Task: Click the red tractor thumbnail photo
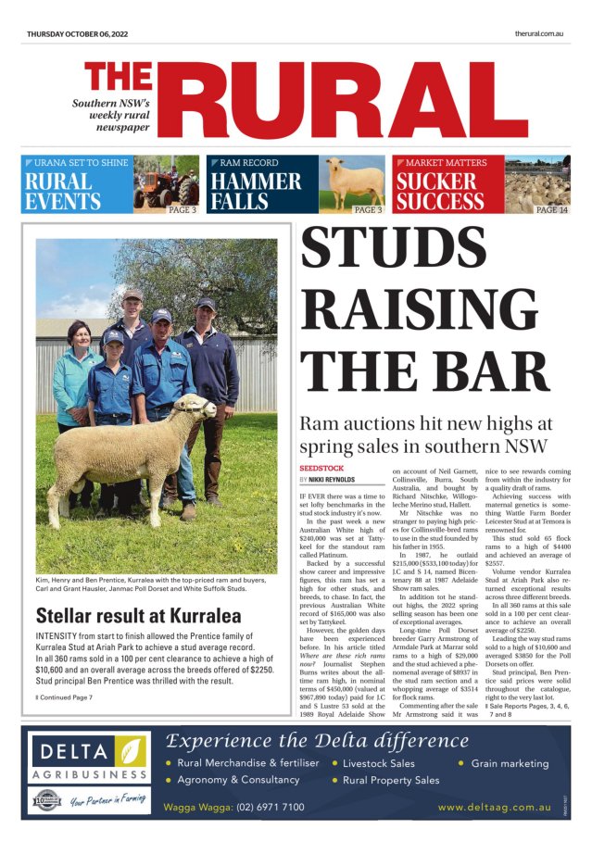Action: pyautogui.click(x=166, y=185)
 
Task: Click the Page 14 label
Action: pyautogui.click(x=551, y=210)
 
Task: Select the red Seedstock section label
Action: pyautogui.click(x=321, y=469)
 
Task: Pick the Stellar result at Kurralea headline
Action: pyautogui.click(x=138, y=615)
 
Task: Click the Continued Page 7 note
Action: pyautogui.click(x=65, y=697)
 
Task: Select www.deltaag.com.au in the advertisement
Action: pyautogui.click(x=494, y=807)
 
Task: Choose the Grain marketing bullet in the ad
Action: pyautogui.click(x=510, y=763)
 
